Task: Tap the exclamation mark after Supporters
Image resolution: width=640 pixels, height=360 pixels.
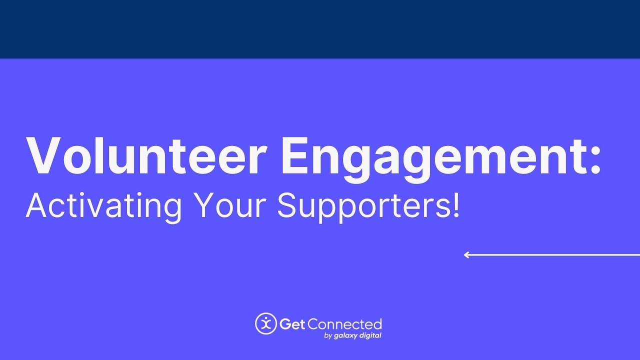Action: click(x=454, y=204)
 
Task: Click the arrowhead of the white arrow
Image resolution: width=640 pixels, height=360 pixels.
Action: click(x=466, y=255)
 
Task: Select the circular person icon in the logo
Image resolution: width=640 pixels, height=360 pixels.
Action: click(x=266, y=323)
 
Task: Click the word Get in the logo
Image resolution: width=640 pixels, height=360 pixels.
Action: click(x=292, y=324)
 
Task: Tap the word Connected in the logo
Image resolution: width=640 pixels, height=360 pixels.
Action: click(x=344, y=324)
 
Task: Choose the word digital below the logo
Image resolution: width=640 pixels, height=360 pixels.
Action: click(x=370, y=335)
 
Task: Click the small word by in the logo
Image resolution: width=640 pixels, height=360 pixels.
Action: click(x=328, y=336)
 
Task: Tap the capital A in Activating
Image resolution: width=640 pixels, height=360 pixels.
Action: click(x=36, y=204)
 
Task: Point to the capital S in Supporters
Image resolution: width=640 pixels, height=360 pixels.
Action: click(x=287, y=204)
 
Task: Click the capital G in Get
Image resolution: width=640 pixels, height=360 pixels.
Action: click(x=285, y=324)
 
